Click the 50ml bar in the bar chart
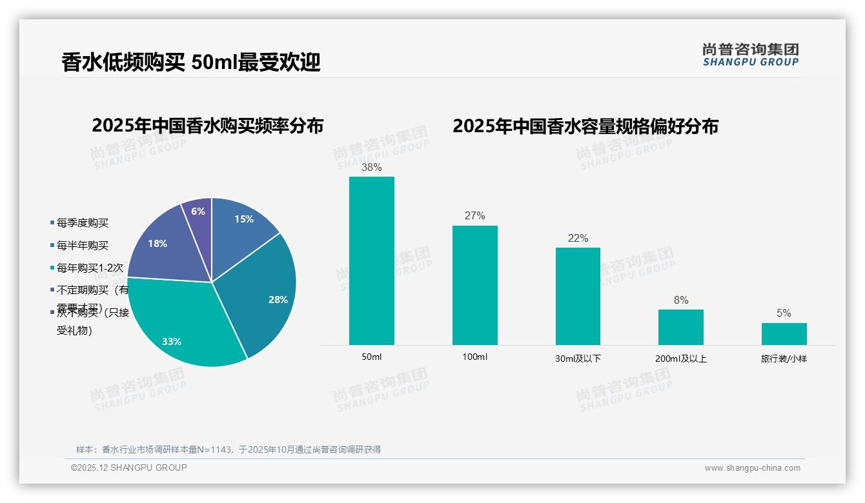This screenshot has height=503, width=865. point(372,261)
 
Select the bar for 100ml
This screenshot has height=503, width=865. point(474,285)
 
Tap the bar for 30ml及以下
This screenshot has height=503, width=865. point(578,296)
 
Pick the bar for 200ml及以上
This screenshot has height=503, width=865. point(681,327)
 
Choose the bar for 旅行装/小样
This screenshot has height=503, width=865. point(784,333)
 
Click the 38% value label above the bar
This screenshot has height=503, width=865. point(372,168)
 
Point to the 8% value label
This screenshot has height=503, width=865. point(681,301)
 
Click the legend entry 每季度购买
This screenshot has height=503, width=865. point(82,223)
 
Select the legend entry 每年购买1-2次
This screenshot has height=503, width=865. point(89,267)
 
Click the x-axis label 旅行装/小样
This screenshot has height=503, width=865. point(784,359)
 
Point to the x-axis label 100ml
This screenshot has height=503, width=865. point(474,357)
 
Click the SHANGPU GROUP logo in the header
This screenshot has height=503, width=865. point(751,55)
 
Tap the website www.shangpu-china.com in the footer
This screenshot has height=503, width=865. point(752,468)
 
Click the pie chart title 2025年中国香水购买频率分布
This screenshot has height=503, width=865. point(208,126)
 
